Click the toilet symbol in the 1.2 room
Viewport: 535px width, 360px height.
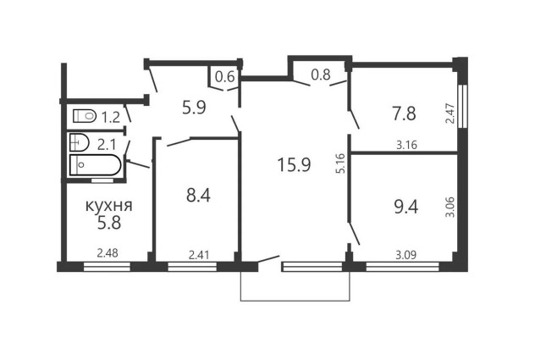tap(85, 116)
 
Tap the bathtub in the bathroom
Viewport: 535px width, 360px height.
tap(95, 165)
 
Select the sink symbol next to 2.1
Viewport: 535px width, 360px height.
tap(79, 142)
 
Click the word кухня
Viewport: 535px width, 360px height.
tap(108, 207)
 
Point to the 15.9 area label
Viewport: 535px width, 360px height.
tap(294, 164)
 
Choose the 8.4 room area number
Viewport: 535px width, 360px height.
tap(198, 196)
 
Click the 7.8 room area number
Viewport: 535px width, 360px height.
tap(404, 114)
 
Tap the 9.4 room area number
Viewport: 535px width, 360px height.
tap(406, 207)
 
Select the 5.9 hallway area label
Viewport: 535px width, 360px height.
tap(194, 108)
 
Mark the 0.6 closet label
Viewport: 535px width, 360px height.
tap(225, 77)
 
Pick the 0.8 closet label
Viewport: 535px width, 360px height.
tap(321, 75)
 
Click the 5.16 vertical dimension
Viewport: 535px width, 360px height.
tap(340, 163)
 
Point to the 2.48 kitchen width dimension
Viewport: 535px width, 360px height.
tap(108, 253)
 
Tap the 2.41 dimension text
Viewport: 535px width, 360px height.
tap(199, 255)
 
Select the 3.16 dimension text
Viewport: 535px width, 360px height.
tap(406, 145)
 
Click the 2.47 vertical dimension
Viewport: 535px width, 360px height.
tap(450, 114)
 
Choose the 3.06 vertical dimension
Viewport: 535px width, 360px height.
tap(450, 207)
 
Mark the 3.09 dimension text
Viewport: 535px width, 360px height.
tap(405, 255)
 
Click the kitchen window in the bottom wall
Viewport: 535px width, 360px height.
tap(108, 267)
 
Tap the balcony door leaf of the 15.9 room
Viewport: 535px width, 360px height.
tap(269, 259)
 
